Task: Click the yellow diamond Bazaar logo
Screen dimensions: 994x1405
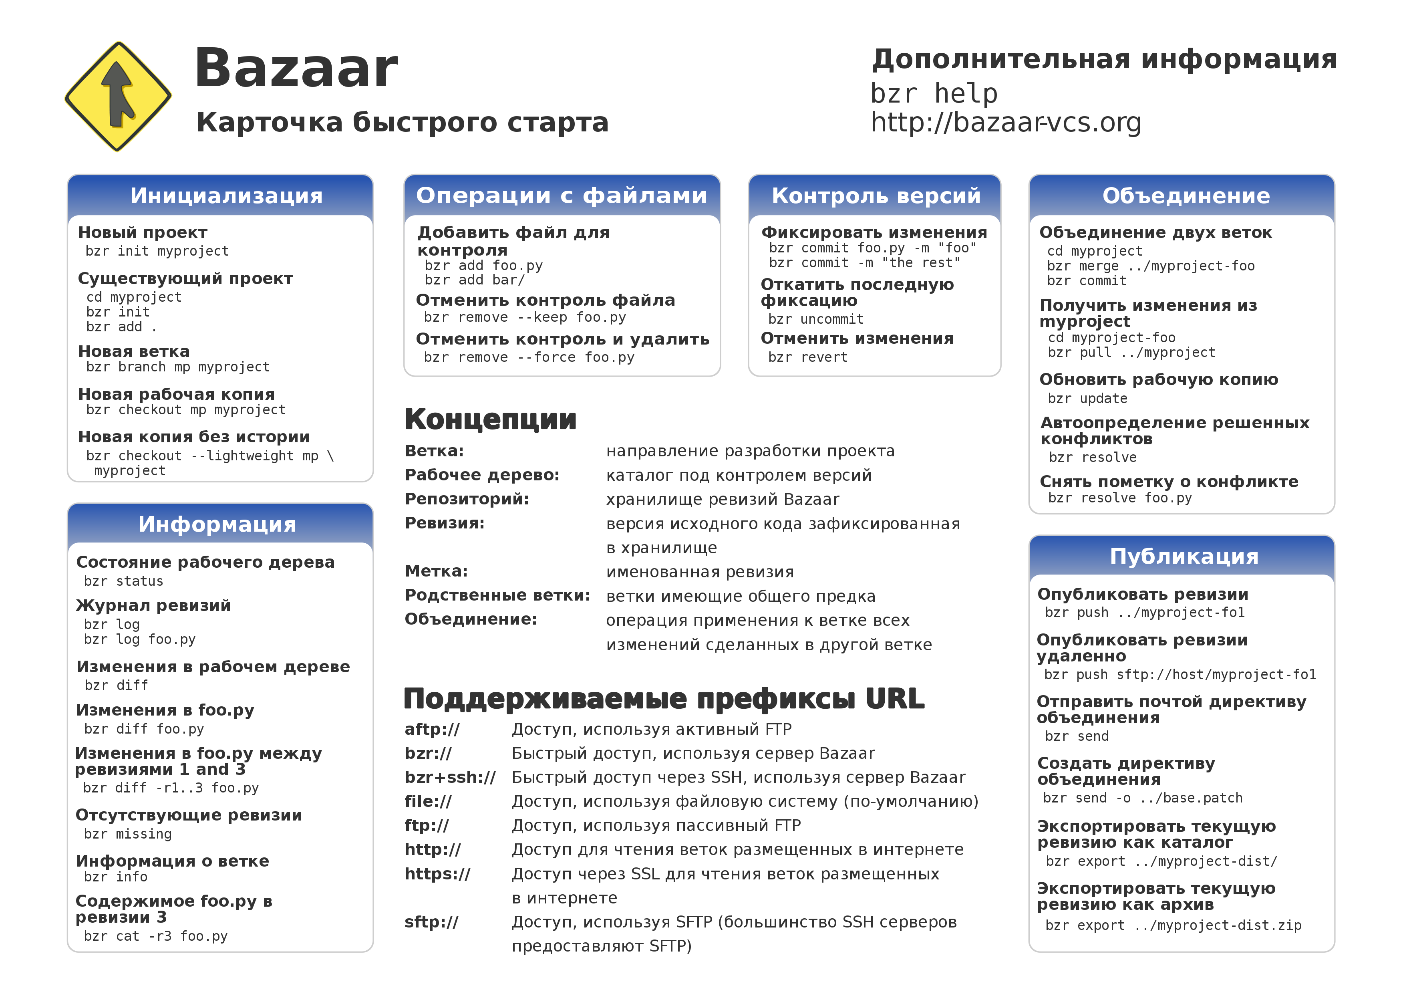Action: click(118, 96)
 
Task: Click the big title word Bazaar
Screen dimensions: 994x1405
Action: click(296, 69)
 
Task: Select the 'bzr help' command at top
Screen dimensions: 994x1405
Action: click(934, 94)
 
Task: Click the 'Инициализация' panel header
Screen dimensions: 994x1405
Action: click(226, 196)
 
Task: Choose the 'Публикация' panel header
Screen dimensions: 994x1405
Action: click(1184, 556)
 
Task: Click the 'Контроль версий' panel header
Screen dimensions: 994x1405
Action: click(876, 196)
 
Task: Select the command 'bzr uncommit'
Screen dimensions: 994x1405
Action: click(816, 319)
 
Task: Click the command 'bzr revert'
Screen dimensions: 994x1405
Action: click(808, 357)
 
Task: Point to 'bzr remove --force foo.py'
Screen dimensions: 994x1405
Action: click(529, 357)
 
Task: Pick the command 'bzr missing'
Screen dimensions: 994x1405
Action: click(127, 834)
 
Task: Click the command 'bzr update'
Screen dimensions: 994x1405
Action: click(1087, 399)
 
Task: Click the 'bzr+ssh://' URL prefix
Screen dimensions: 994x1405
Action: click(450, 777)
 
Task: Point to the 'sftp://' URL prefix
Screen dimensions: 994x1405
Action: click(431, 922)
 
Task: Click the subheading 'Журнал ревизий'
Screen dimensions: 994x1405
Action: click(153, 605)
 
